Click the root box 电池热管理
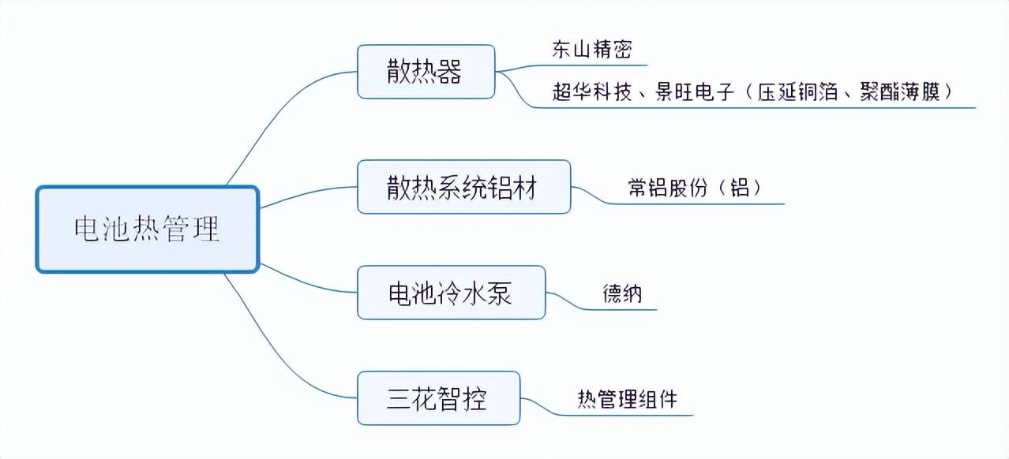pos(148,229)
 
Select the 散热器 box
pos(426,72)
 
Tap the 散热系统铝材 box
pos(464,187)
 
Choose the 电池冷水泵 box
pos(452,293)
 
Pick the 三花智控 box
pos(439,398)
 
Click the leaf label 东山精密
pos(592,49)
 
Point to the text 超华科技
pos(592,91)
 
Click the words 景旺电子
pos(695,91)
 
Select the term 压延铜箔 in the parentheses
pos(797,91)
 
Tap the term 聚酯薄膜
pos(899,91)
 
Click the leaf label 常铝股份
pos(668,187)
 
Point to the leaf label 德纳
pos(622,293)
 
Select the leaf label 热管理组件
pos(628,399)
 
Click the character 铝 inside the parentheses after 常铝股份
pos(739,187)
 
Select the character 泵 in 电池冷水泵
pos(499,293)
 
